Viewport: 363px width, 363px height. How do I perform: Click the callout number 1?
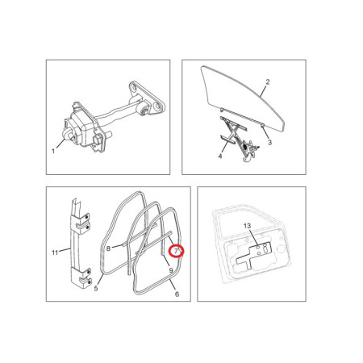pos(53,151)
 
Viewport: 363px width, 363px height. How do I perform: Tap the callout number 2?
pos(268,81)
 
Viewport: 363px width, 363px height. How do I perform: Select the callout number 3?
pos(269,142)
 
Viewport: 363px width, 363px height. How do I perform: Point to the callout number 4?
pos(220,156)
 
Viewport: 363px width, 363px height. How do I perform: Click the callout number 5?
pos(96,288)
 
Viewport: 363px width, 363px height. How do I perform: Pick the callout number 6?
pos(177,294)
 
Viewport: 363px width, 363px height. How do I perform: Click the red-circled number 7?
pos(176,251)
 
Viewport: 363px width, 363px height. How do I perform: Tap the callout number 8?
pos(108,248)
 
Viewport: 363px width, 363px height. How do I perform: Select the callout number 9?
pos(171,270)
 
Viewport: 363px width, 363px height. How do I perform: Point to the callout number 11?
pos(55,252)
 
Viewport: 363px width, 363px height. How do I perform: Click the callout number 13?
pos(247,226)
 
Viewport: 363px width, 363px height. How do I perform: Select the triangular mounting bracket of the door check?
pos(148,98)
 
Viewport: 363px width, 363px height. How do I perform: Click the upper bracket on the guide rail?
pos(81,222)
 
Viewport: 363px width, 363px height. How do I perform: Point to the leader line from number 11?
pos(65,250)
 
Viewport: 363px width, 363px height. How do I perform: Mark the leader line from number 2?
pos(264,90)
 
